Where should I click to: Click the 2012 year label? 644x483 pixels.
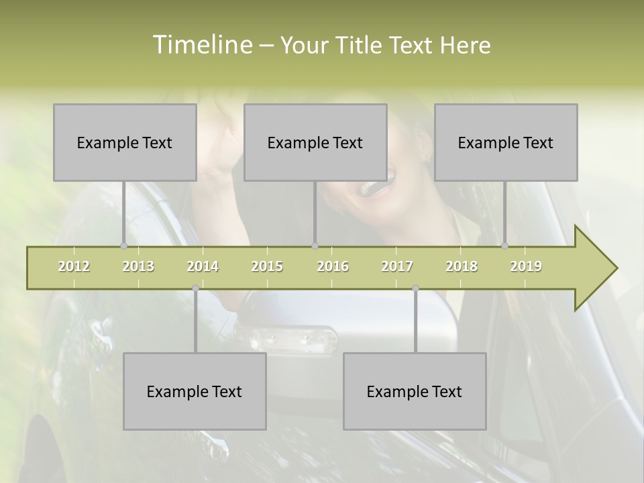coord(74,266)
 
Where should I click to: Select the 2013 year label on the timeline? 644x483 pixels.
coord(138,266)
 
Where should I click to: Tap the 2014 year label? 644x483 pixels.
coord(203,266)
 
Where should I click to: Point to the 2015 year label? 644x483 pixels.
coord(267,266)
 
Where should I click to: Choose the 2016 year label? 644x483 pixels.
coord(333,266)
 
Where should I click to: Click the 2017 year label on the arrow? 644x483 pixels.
coord(397,266)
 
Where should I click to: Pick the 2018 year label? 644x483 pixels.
coord(462,266)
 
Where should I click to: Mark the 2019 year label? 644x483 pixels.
coord(526,266)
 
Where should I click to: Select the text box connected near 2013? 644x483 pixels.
coord(125,142)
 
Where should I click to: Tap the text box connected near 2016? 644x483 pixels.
coord(315,142)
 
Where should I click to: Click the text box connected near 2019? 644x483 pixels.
coord(506,142)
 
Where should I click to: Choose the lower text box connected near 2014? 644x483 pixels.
coord(195,391)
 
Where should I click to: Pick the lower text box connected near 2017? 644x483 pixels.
coord(415,391)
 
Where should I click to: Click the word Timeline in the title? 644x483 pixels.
coord(201,45)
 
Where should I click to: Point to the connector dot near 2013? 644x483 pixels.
coord(123,246)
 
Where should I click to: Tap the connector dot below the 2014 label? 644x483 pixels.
coord(195,288)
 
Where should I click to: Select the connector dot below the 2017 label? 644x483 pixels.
coord(415,288)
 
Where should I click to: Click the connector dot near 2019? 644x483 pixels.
coord(504,246)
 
